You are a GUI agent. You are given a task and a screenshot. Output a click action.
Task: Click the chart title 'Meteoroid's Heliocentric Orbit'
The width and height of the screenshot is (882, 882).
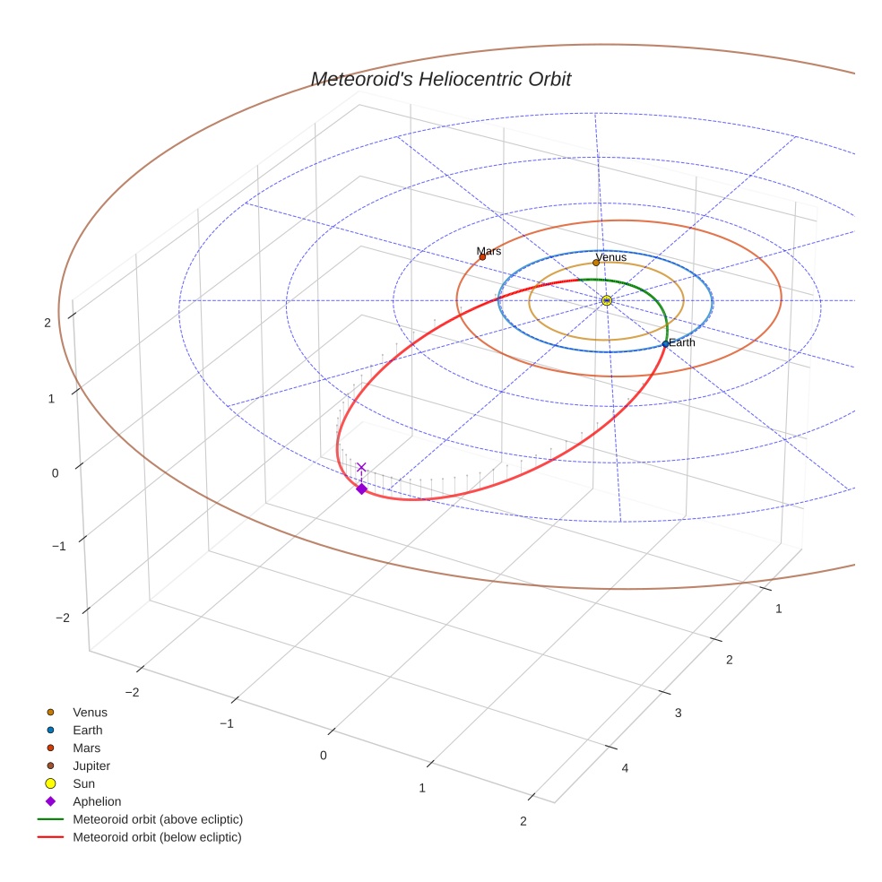click(x=440, y=80)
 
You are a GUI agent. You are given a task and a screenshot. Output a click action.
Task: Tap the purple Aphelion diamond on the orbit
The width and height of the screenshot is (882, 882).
click(x=361, y=489)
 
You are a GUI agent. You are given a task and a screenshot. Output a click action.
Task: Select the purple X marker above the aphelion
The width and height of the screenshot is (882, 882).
click(x=361, y=467)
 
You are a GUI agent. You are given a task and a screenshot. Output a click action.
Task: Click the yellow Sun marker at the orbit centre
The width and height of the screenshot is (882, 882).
click(x=607, y=300)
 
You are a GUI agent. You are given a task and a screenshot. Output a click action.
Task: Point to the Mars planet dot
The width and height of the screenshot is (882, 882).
click(x=482, y=257)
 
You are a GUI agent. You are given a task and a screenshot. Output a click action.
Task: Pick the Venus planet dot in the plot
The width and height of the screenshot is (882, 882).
click(x=596, y=263)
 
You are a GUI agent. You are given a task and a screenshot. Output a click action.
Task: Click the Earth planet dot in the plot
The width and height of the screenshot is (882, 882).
click(x=665, y=344)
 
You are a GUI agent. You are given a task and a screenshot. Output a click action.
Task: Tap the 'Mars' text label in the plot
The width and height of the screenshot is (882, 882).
click(x=489, y=251)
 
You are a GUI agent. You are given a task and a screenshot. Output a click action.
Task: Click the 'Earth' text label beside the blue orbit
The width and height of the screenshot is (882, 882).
click(x=682, y=342)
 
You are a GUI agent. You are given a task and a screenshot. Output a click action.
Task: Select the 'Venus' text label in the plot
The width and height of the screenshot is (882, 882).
click(x=612, y=257)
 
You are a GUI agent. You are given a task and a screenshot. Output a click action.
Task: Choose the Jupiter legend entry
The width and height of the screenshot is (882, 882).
click(x=91, y=765)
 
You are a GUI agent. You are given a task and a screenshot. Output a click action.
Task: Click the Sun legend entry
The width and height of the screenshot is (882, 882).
click(x=83, y=783)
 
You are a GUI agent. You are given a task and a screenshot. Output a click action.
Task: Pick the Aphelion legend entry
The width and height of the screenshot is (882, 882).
click(x=97, y=801)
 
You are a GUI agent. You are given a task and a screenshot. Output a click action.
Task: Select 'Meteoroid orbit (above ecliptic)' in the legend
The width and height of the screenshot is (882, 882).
click(x=158, y=819)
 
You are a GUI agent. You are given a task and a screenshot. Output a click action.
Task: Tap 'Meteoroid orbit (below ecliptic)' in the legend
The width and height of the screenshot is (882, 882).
click(x=158, y=837)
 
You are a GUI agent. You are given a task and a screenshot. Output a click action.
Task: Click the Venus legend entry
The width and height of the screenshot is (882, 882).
click(x=90, y=713)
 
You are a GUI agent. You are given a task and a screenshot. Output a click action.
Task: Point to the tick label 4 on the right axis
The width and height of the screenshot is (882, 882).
click(x=625, y=768)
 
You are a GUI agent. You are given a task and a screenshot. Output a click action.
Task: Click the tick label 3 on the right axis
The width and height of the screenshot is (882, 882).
click(x=679, y=713)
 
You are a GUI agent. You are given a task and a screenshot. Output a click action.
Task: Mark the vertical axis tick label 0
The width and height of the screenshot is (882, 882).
click(x=56, y=473)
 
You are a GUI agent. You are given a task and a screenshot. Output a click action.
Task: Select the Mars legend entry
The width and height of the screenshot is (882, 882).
click(x=87, y=748)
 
